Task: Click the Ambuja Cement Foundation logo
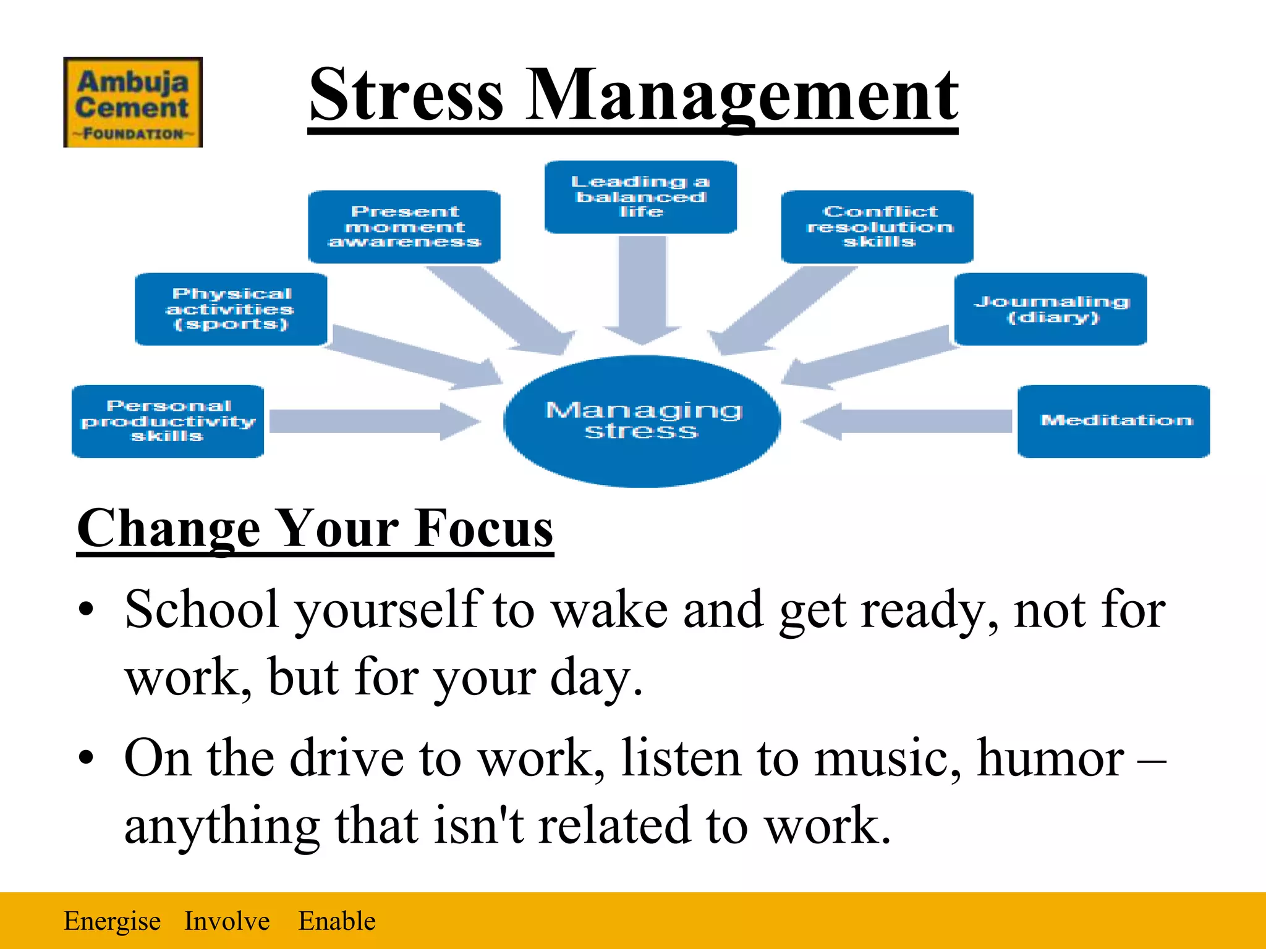133,102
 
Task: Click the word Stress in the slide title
406,96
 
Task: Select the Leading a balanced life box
640,197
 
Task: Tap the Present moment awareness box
404,227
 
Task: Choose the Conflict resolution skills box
877,227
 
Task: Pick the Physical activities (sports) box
231,309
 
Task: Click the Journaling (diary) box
1051,309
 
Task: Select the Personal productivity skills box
168,421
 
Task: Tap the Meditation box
1114,421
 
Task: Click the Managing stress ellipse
642,421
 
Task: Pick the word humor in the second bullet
1050,758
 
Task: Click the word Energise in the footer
112,921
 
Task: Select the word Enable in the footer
337,921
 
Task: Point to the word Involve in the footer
227,921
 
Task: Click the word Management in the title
741,96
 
